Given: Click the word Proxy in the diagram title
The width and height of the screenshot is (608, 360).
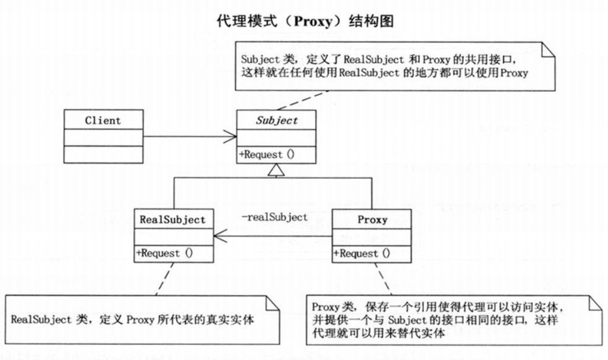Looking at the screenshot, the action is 313,21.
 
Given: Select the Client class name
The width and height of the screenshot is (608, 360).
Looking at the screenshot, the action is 103,120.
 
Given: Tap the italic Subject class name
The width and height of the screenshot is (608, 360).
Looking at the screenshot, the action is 277,120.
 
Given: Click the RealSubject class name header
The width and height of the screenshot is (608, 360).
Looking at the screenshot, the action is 172,219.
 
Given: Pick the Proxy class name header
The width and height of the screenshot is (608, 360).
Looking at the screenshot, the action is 372,219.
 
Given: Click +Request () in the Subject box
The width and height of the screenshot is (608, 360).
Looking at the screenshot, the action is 267,154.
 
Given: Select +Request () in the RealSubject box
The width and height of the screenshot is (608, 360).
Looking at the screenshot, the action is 165,253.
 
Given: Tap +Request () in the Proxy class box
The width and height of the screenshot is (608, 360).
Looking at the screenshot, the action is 362,254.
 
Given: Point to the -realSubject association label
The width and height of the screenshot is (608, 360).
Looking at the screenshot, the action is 275,217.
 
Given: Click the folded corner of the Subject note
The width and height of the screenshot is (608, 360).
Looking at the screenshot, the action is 548,49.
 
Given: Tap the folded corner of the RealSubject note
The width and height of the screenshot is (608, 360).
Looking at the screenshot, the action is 272,303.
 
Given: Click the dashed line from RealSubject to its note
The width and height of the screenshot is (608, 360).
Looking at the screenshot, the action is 165,279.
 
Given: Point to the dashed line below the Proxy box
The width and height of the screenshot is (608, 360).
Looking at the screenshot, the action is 383,279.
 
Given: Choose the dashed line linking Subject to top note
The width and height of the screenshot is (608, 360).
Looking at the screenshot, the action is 303,101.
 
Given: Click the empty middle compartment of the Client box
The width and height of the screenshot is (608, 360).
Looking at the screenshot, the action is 104,138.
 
